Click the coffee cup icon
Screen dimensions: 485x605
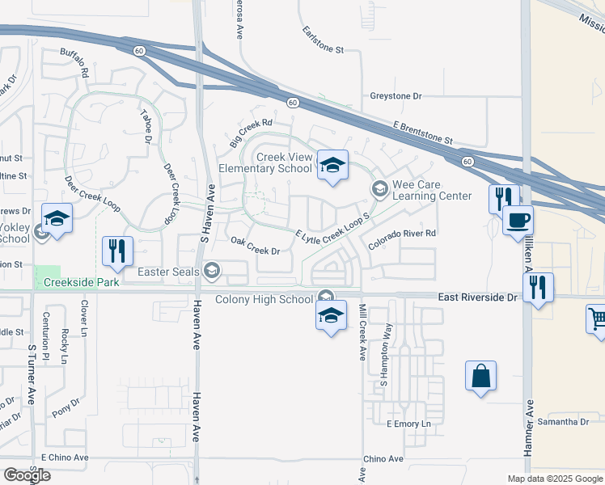[x=518, y=219]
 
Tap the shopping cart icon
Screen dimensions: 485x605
[x=597, y=318]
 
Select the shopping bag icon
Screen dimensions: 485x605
[x=480, y=376]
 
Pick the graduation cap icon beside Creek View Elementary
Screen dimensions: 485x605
[x=332, y=166]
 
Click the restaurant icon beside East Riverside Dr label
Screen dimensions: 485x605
[x=538, y=288]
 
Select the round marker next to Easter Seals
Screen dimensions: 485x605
[x=213, y=271]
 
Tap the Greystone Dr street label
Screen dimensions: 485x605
[x=396, y=96]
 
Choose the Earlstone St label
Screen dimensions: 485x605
[x=324, y=40]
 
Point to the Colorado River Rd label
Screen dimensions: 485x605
[x=403, y=234]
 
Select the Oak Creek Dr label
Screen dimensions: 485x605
[x=255, y=246]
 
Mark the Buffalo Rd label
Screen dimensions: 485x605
[x=75, y=61]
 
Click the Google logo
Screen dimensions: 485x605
[x=27, y=475]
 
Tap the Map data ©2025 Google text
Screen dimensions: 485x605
[x=554, y=479]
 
